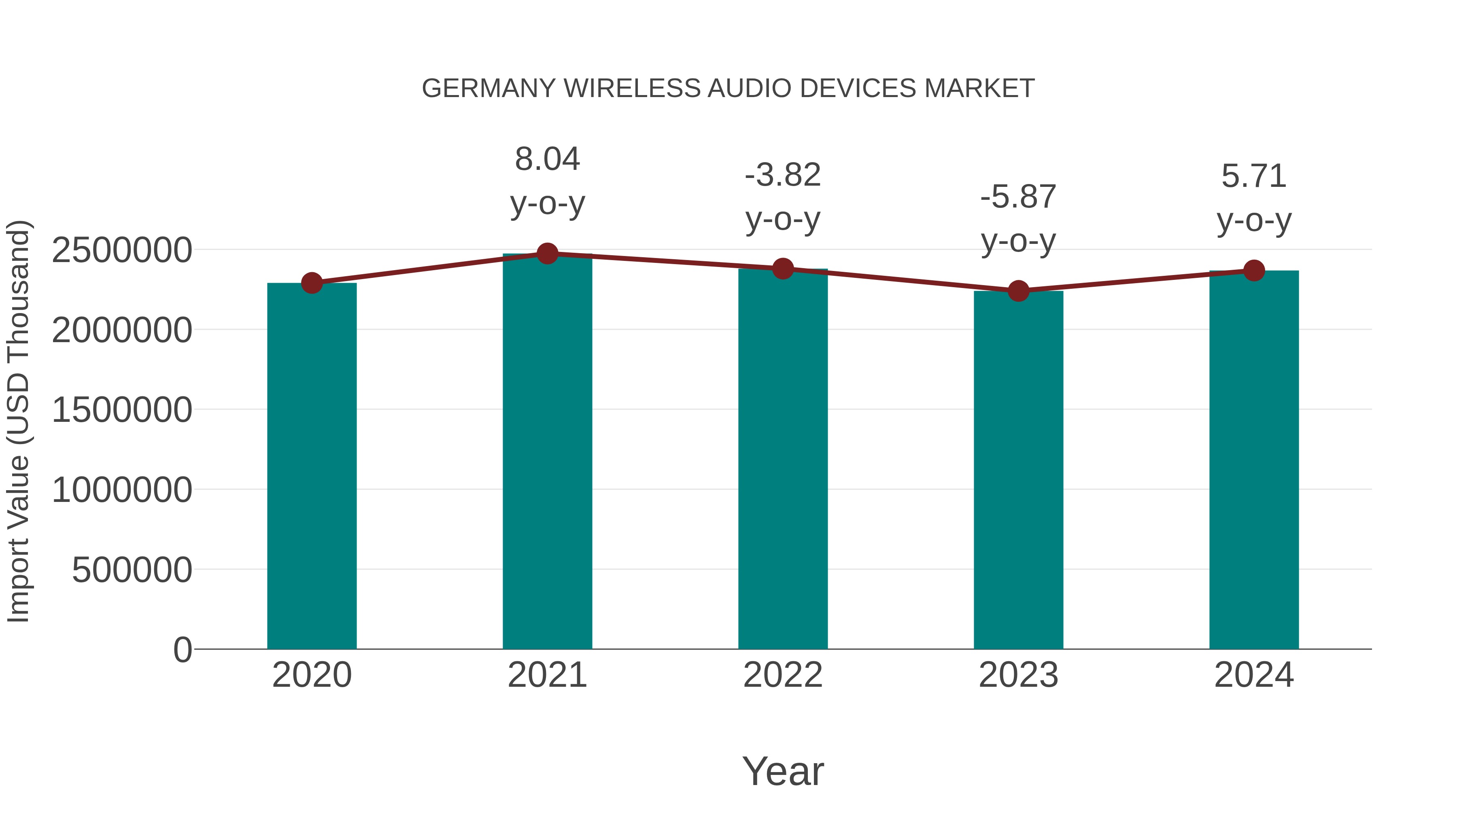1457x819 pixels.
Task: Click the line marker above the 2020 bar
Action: pos(312,283)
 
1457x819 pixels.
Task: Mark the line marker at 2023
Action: pos(1018,290)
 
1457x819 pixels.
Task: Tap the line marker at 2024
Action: pos(1254,271)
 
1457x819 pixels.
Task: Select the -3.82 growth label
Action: pos(783,175)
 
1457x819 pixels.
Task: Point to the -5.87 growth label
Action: pos(1018,197)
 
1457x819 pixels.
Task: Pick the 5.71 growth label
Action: pos(1254,176)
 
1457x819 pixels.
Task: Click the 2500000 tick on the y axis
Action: pos(121,250)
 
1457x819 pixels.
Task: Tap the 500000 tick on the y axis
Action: pos(132,570)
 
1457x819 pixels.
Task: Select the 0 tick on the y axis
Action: pos(182,650)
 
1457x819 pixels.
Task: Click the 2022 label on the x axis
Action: pos(783,675)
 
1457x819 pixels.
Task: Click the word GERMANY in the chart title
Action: pos(488,89)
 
